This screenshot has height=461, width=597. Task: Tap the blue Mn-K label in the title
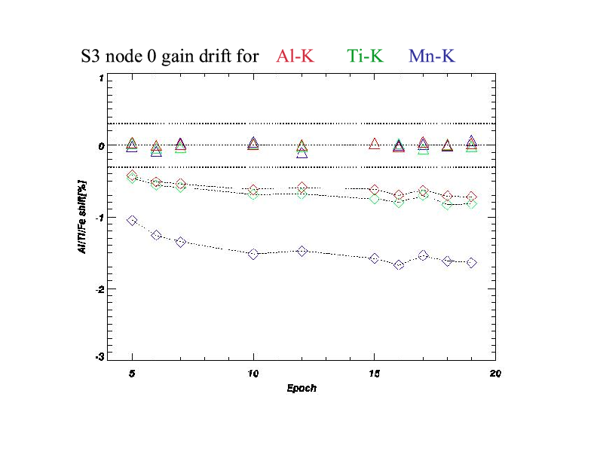432,56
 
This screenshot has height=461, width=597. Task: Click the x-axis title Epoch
302,389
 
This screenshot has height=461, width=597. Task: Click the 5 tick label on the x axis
133,373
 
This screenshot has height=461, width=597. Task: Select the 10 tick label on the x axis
253,373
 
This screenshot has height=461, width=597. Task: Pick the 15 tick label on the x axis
375,373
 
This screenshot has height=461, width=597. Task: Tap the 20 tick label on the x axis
495,373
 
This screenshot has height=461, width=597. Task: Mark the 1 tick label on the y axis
101,78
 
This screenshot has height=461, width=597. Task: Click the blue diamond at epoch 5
133,221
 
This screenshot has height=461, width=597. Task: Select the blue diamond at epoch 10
254,255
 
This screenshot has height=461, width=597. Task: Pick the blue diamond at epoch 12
302,251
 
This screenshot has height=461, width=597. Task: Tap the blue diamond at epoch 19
472,263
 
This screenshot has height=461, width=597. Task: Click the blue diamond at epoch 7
181,243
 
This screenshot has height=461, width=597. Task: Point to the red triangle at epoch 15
375,144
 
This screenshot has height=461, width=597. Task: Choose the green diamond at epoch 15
375,199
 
